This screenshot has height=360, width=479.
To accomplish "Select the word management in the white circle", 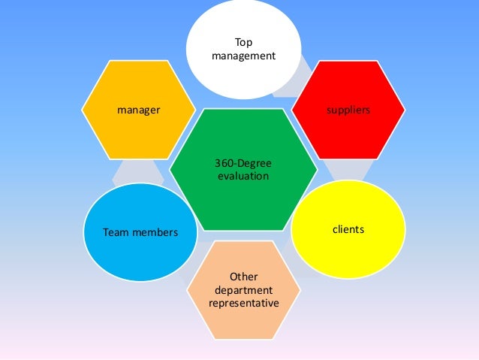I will [x=244, y=56].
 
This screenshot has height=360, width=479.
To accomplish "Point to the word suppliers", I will [x=348, y=110].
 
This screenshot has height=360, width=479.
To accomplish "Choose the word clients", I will [x=348, y=228].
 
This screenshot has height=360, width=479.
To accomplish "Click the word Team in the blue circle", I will [x=116, y=233].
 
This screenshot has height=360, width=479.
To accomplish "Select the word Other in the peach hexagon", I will [x=244, y=277].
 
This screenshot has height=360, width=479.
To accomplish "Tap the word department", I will [x=244, y=290].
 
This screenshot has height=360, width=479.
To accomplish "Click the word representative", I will [x=244, y=303].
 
